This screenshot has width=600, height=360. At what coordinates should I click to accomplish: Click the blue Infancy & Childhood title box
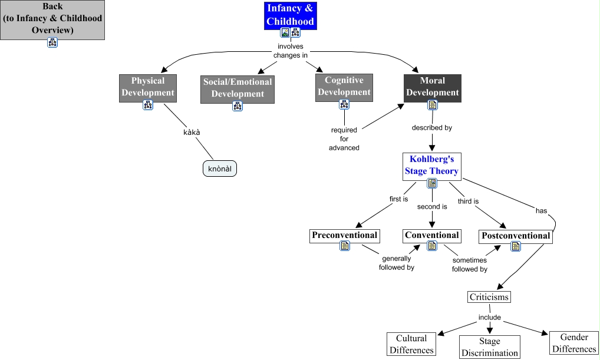(x=291, y=15)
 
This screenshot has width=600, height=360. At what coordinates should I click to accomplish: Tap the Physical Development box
(x=148, y=87)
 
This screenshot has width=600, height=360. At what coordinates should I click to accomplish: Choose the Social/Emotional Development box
(x=238, y=88)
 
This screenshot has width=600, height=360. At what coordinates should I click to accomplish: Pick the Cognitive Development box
(x=344, y=86)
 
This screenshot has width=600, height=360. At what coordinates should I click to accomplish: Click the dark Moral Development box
(x=432, y=87)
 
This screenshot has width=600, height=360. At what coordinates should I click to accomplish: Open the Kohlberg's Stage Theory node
(x=431, y=166)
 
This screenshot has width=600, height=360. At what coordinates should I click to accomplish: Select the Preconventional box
(x=344, y=235)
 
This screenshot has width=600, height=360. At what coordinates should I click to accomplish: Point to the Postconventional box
(x=516, y=236)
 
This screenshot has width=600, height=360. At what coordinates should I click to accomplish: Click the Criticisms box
(x=489, y=297)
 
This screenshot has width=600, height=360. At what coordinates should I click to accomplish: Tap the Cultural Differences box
(x=411, y=344)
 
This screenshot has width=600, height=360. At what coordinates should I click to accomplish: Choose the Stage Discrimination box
(x=489, y=347)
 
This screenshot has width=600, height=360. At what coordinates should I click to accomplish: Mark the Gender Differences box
(x=574, y=343)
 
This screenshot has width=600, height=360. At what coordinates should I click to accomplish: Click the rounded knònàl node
(x=223, y=168)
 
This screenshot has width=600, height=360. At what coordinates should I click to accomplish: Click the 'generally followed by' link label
(x=397, y=263)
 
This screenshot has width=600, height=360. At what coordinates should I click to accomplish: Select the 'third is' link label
(x=468, y=201)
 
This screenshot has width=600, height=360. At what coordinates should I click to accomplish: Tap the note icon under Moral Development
(x=432, y=105)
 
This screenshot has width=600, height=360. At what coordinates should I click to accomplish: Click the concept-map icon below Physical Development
(x=148, y=105)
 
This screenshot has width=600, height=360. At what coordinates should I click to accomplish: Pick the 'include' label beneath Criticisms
(x=489, y=318)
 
